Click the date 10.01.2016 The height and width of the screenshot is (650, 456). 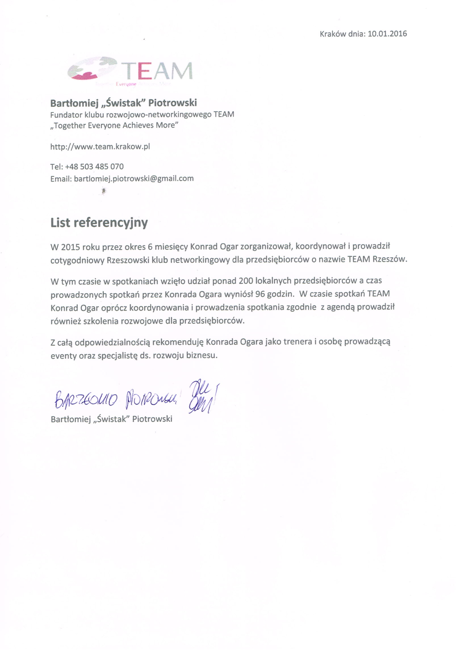pos(387,34)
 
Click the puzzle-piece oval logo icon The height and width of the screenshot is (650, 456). pos(92,68)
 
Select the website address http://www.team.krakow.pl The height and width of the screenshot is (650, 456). pos(100,146)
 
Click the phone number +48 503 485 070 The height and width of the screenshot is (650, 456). pos(94,166)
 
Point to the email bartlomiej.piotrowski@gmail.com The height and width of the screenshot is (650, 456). pos(134,179)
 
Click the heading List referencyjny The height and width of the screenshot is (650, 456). pos(99,223)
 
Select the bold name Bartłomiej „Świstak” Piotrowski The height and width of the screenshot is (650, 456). pos(124,103)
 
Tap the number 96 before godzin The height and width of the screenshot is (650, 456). pos(260,294)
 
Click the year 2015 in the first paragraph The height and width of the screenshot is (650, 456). pos(70,247)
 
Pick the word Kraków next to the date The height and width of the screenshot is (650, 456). pos(333,34)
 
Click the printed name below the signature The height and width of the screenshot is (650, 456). pos(111,419)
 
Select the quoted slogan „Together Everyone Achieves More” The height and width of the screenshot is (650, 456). pos(114,125)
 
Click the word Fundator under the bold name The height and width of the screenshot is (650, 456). pos(66,115)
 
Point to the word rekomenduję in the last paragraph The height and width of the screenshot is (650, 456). pos(178,342)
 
